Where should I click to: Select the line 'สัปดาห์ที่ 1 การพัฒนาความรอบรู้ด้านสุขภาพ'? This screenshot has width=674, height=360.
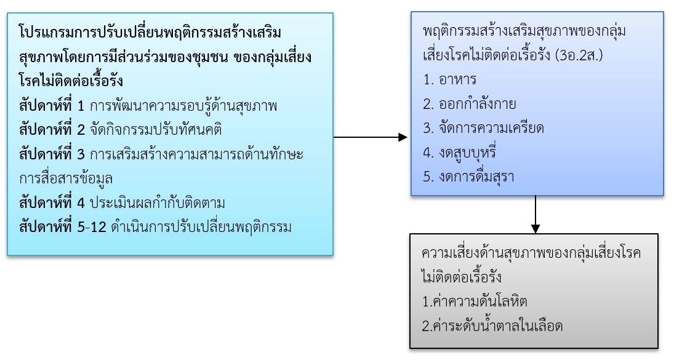tap(148, 105)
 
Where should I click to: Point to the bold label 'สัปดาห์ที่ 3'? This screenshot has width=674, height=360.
tap(52, 154)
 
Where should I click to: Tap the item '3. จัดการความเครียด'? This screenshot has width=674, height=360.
tap(484, 128)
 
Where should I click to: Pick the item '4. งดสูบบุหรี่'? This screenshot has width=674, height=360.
tap(460, 152)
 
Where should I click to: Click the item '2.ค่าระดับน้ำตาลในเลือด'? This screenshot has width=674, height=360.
tap(492, 326)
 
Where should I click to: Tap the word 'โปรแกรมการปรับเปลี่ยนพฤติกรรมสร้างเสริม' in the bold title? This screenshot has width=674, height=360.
tap(154, 31)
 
